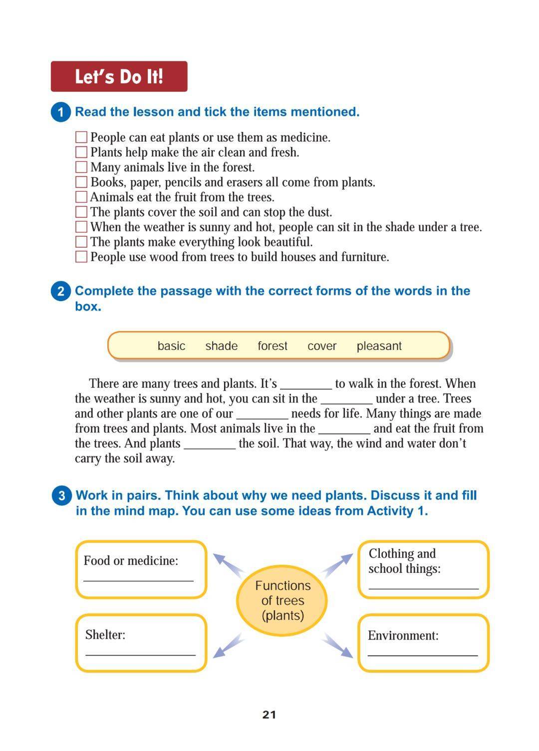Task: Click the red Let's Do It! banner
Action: point(119,76)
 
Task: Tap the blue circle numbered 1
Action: point(61,112)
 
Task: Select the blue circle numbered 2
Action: point(61,291)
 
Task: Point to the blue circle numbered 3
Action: point(61,496)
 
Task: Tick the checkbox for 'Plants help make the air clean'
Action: point(81,152)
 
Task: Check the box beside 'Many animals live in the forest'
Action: point(81,167)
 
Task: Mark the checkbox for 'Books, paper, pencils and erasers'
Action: point(81,182)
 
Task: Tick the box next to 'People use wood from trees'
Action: point(81,257)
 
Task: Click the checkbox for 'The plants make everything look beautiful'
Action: point(81,242)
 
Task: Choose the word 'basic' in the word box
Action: point(171,346)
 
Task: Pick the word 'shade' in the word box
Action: point(221,346)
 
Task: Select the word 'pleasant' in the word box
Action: point(379,346)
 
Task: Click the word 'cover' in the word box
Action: point(322,346)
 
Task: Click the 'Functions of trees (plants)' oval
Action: point(282,600)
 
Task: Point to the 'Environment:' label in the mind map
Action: point(403,636)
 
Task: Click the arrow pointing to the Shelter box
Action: point(228,646)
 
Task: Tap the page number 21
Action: point(269,715)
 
